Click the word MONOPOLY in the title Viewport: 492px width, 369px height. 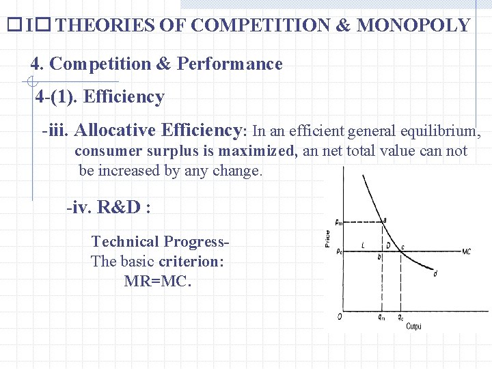pos(413,26)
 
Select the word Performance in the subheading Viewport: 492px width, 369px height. pos(230,64)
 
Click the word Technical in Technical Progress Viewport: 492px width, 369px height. pos(125,242)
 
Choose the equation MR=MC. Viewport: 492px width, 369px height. pos(158,281)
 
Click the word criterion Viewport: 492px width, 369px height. pos(191,262)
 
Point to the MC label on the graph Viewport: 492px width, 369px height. pos(466,251)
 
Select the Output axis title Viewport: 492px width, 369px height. pos(413,327)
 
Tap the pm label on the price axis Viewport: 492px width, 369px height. pos(340,221)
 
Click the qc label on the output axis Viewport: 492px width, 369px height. pos(400,318)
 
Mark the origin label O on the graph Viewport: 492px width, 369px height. pos(340,316)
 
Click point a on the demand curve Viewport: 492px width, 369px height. pos(384,219)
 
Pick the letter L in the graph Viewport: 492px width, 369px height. pos(362,245)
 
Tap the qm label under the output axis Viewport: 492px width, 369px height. pos(381,318)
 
